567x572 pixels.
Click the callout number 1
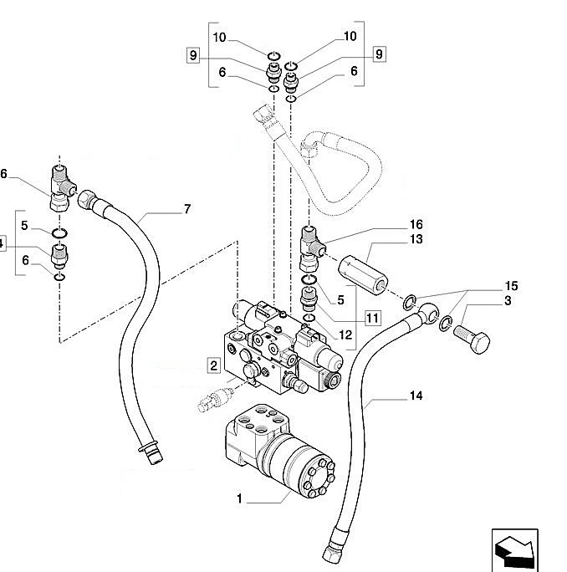point(239,499)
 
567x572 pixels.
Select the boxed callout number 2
point(214,365)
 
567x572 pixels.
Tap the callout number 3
point(508,300)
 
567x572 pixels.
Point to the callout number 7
point(186,208)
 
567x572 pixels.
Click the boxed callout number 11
point(372,317)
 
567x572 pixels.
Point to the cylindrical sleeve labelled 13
point(365,272)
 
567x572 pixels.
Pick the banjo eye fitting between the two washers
point(427,314)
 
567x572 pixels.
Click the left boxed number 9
point(192,56)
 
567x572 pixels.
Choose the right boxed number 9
point(379,54)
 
